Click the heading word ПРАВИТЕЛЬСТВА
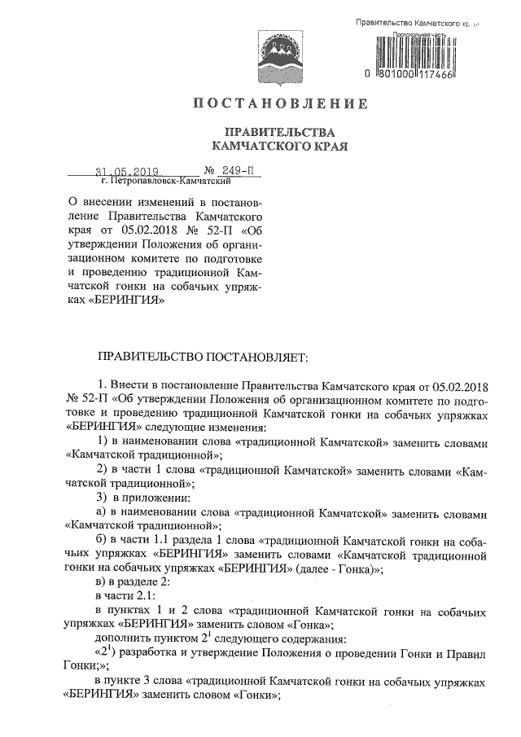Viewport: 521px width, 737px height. coord(268,133)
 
